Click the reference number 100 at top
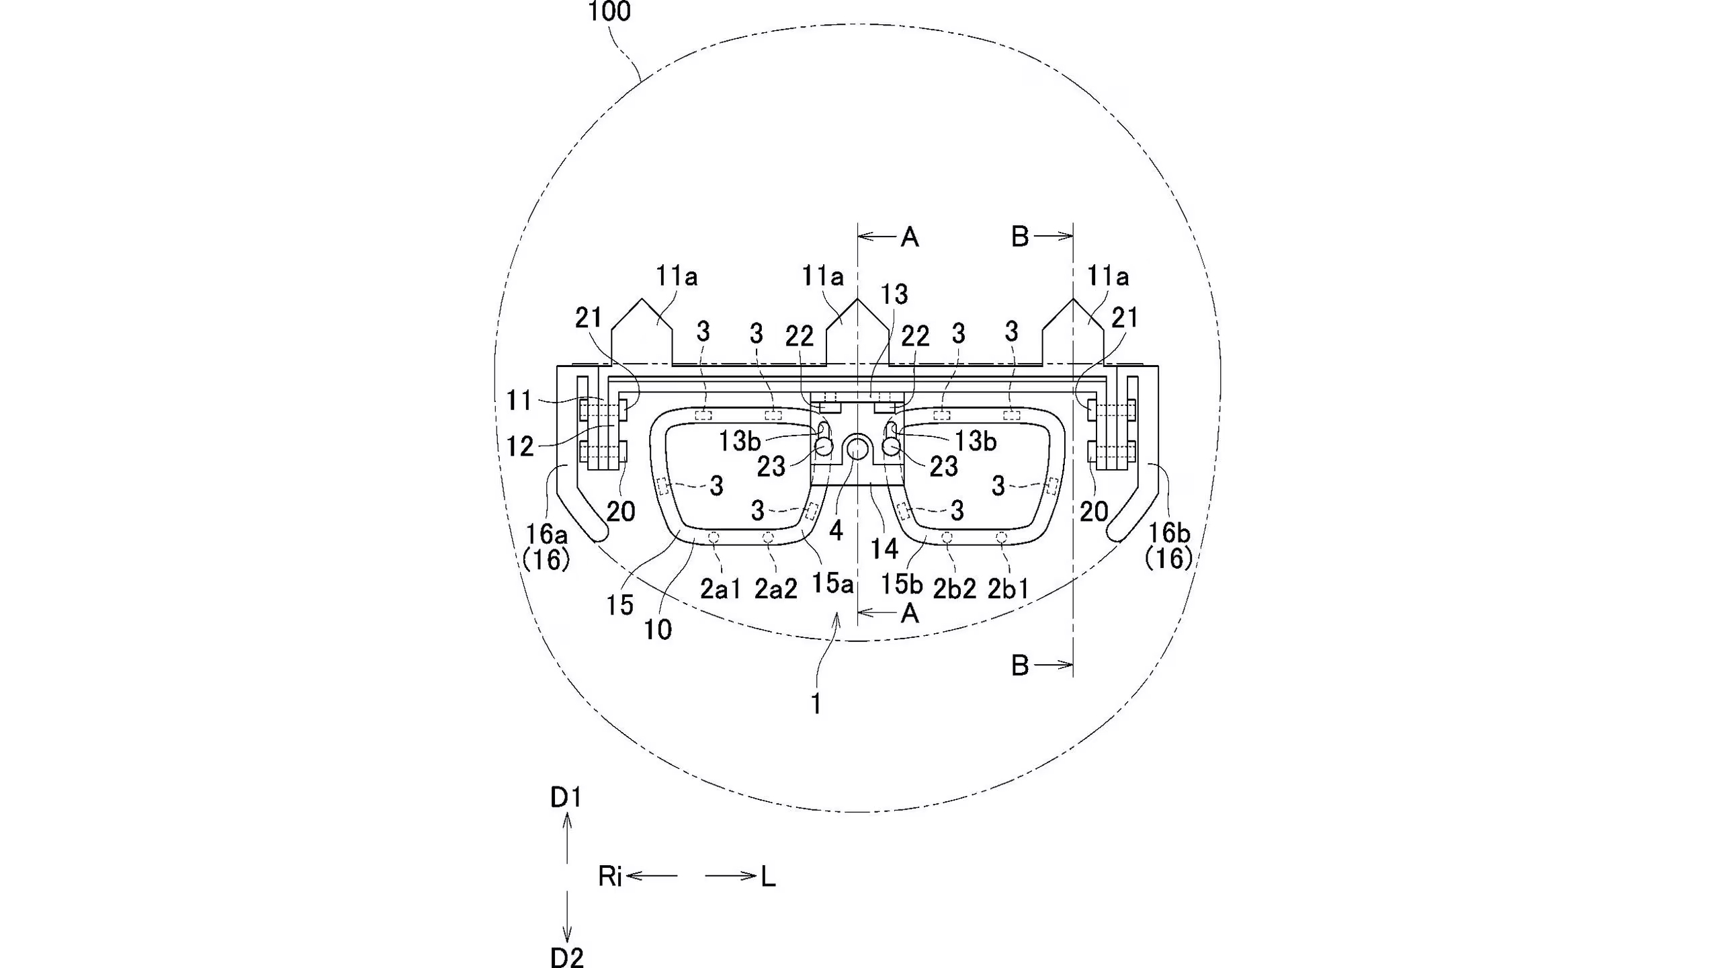609,11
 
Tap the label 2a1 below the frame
720,590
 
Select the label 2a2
776,590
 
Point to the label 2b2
955,590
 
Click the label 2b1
1008,590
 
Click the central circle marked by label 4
858,447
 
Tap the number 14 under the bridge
884,549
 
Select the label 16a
546,534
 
